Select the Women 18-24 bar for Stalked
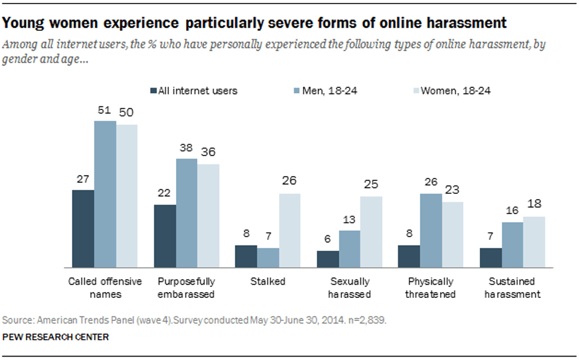point(289,230)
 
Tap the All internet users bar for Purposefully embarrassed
point(165,236)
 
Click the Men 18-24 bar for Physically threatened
point(431,230)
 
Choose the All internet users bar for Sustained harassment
point(491,257)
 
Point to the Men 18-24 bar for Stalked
point(268,257)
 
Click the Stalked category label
point(268,281)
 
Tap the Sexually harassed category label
point(349,287)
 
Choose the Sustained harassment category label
point(512,287)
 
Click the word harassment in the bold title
point(461,24)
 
